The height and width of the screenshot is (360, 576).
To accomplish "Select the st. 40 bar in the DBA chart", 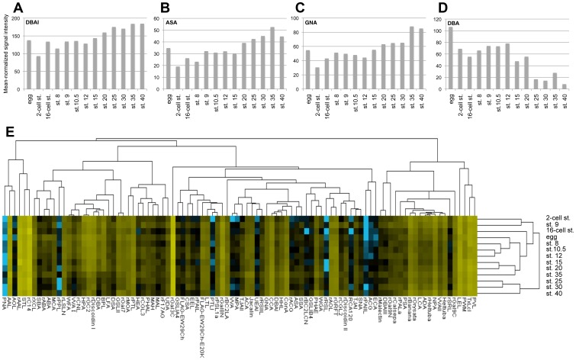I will pos(564,86).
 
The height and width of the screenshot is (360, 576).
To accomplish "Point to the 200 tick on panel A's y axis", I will pos(19,18).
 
